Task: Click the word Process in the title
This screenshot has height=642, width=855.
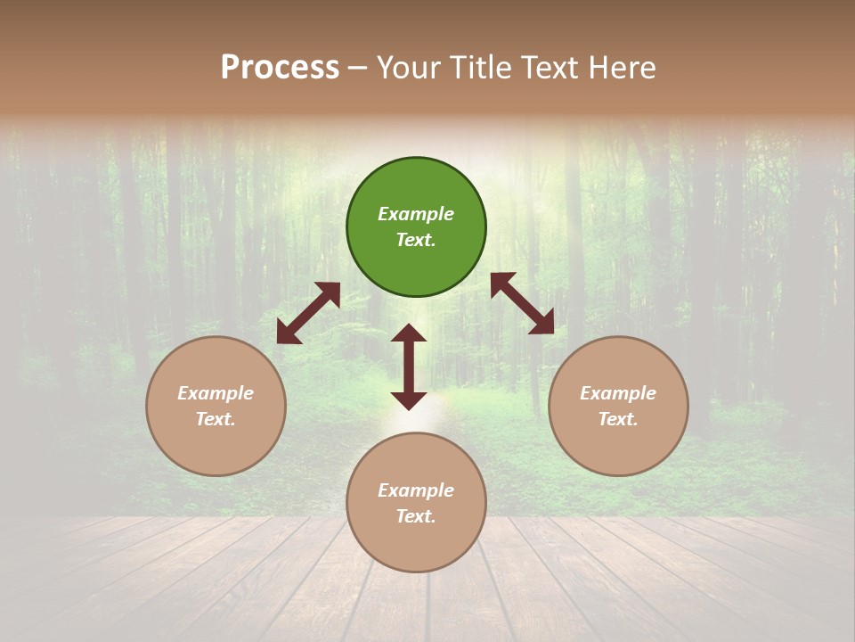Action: point(280,68)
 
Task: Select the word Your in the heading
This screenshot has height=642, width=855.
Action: point(406,68)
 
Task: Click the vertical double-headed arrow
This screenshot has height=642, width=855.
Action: point(409,366)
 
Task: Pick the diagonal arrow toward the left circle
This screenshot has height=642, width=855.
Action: point(308,313)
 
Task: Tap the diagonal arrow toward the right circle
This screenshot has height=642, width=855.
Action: point(523,303)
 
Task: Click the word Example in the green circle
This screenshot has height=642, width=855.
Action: point(416,214)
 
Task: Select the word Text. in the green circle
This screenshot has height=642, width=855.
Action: point(416,240)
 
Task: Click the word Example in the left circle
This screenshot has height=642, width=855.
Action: point(216,393)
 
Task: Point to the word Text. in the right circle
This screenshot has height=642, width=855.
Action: point(618,419)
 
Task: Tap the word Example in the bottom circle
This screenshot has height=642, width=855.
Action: point(416,490)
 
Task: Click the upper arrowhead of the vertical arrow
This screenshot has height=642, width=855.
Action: point(409,333)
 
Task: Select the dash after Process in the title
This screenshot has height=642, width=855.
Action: point(358,68)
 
